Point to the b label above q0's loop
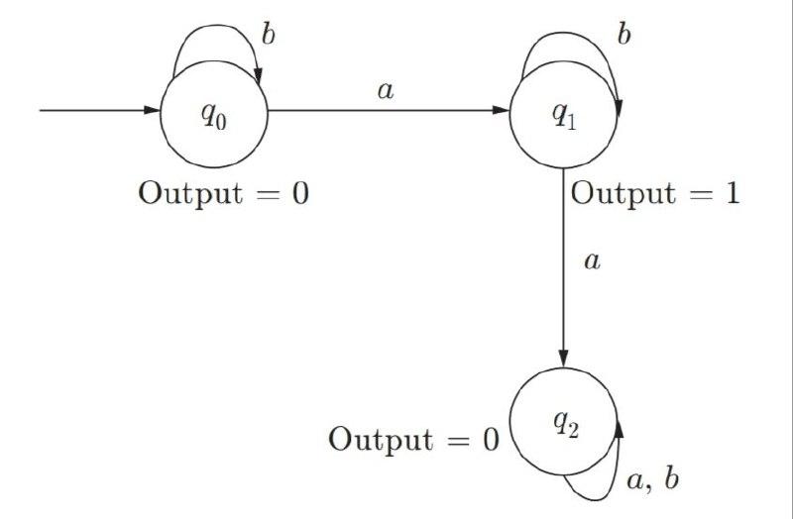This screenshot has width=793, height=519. pos(267,33)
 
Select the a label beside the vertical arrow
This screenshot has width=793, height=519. pos(593,262)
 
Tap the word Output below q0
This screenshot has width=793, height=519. pos(189,193)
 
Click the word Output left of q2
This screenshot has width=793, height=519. pos(380,440)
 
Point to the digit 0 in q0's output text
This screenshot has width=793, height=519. pos(299,193)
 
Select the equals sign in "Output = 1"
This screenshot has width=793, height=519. pos(694,193)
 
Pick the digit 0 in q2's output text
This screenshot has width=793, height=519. pos(490,440)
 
